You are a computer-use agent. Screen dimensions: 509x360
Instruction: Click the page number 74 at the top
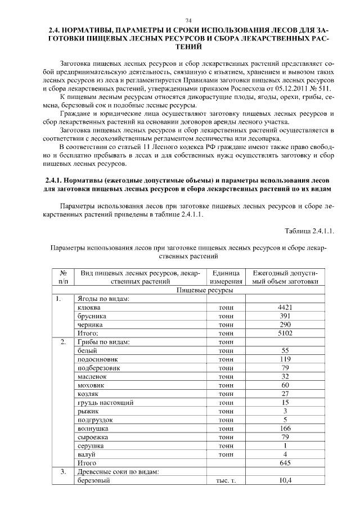pos(181,20)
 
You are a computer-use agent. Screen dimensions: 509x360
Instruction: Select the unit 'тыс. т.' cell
pos(225,480)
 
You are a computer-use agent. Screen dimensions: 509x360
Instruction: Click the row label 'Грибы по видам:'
pos(103,341)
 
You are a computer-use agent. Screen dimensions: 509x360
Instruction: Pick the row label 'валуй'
pos(86,454)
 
